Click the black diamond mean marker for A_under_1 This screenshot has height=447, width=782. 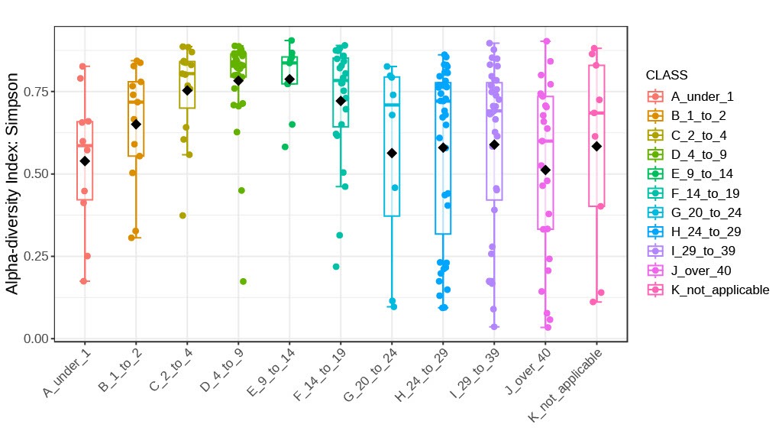(85, 160)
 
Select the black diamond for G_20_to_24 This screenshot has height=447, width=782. (392, 153)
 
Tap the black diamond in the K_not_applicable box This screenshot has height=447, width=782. (596, 146)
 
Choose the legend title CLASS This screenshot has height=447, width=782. (667, 76)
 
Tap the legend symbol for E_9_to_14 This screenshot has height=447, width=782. (654, 174)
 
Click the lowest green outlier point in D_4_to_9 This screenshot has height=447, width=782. (243, 281)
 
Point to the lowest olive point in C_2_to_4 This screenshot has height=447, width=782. (183, 215)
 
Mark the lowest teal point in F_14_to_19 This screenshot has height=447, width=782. (336, 267)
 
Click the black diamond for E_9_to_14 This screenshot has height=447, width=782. (289, 79)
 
